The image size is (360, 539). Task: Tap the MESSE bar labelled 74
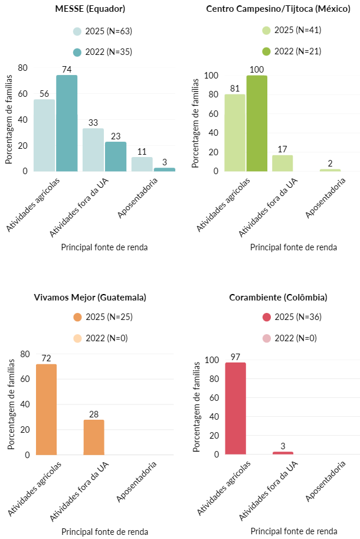pyautogui.click(x=67, y=123)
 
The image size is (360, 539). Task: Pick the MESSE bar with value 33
pyautogui.click(x=93, y=149)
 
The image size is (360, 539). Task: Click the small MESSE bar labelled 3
pyautogui.click(x=165, y=169)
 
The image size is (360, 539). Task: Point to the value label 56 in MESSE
pyautogui.click(x=44, y=93)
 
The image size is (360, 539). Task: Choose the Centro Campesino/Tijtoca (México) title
pyautogui.click(x=279, y=8)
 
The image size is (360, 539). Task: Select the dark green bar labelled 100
pyautogui.click(x=257, y=123)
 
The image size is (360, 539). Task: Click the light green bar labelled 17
pyautogui.click(x=283, y=163)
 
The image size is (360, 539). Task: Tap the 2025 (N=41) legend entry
pyautogui.click(x=292, y=30)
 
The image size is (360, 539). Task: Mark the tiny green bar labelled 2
pyautogui.click(x=330, y=170)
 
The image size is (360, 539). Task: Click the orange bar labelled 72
pyautogui.click(x=47, y=409)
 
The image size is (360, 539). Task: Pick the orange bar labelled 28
pyautogui.click(x=94, y=437)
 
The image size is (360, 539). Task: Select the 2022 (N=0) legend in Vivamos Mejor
pyautogui.click(x=102, y=338)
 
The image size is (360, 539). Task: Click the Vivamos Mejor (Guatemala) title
pyautogui.click(x=90, y=297)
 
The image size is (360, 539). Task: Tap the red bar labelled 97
pyautogui.click(x=235, y=408)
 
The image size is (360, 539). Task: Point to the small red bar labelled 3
pyautogui.click(x=283, y=453)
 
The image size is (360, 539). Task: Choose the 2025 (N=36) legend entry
pyautogui.click(x=292, y=317)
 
